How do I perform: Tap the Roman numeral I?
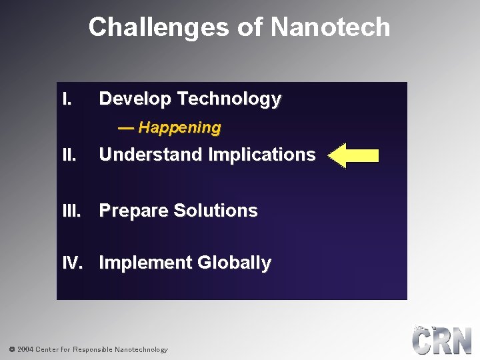coord(66,99)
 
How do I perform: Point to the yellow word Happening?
coord(179,127)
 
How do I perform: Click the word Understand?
coord(151,155)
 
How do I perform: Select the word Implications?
coord(262,155)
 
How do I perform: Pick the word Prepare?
coord(134,211)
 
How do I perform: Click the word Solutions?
coord(215,211)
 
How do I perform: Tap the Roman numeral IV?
coord(73,263)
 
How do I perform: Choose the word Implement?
coord(139,263)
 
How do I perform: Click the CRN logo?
coord(441,340)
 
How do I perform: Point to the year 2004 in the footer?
coord(25,349)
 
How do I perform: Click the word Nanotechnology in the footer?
coord(141,349)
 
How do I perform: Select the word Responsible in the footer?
coord(92,349)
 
